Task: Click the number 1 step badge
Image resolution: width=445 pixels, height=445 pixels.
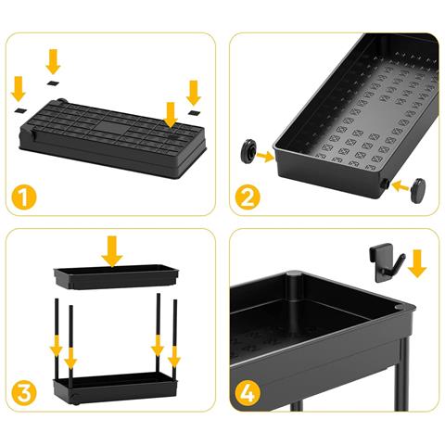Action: pos(24,197)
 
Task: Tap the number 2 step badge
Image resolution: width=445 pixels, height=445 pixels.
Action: pos(248,197)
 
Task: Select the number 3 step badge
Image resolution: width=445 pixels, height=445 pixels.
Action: pos(24,393)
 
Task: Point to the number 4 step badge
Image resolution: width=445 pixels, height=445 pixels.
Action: pos(248,393)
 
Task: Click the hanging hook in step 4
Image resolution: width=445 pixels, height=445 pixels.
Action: pos(386,262)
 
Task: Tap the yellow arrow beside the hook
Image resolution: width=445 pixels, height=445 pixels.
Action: pos(417,263)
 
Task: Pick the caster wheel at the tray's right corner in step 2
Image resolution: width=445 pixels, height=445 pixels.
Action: pos(418,190)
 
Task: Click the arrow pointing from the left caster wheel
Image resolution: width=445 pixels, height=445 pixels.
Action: pos(265,157)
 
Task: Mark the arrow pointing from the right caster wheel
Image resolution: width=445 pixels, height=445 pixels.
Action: pos(400,186)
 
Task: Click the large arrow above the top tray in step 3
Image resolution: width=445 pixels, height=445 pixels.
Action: pos(112,251)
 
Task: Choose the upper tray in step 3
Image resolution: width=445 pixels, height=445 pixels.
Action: pos(116,276)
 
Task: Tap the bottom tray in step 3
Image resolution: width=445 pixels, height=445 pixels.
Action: pos(115,388)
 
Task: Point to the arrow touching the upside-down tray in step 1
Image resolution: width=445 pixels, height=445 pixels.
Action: pos(171,115)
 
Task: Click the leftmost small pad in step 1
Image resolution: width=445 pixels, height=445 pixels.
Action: pos(20,110)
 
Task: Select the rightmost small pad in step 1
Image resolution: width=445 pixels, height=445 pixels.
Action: pos(195,112)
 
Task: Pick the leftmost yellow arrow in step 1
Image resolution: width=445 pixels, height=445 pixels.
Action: pos(19,89)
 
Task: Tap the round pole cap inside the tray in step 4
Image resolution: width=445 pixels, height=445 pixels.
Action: pos(294,273)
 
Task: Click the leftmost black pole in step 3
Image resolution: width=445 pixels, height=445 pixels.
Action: pos(57,338)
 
